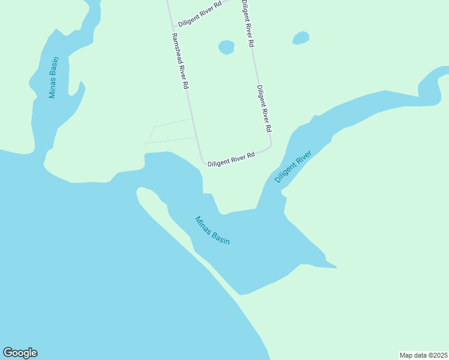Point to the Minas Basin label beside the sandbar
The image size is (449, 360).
click(x=212, y=230)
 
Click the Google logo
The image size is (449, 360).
click(x=20, y=353)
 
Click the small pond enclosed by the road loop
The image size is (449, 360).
click(x=226, y=47)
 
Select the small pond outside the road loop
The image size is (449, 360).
click(x=301, y=38)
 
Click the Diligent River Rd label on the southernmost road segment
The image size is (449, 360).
click(x=231, y=159)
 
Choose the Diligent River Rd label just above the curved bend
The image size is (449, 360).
click(x=264, y=109)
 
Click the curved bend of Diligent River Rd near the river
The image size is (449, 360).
click(x=270, y=145)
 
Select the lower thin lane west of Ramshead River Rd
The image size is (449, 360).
click(x=171, y=140)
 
